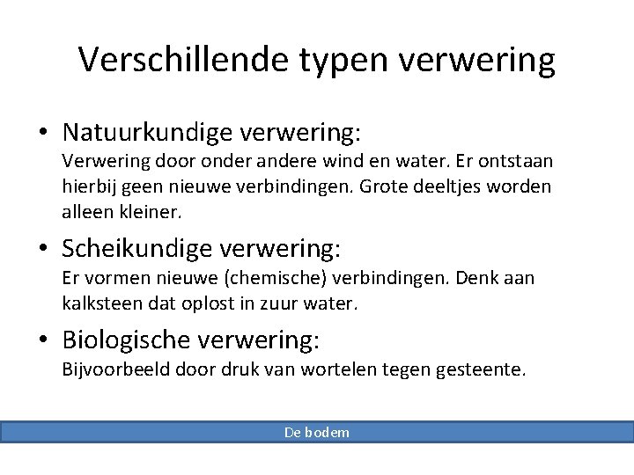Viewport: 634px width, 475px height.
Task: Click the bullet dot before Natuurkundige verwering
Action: (43, 134)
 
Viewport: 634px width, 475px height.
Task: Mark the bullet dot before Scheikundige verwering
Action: (43, 250)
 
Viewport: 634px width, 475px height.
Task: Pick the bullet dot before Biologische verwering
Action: (43, 340)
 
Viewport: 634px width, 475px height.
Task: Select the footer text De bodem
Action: (317, 432)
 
